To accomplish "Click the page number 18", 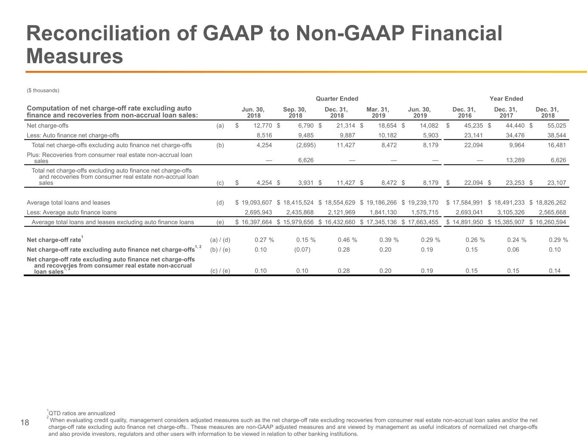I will [x=25, y=422].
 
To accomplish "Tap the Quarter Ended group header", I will [x=337, y=99].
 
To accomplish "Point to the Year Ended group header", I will [x=506, y=99].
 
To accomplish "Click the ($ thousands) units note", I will [x=43, y=90].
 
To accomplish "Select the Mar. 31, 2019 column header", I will [x=378, y=113].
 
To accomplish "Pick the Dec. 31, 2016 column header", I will [x=464, y=113].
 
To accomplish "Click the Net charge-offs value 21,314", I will [x=346, y=125].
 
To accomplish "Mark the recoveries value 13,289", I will [x=515, y=160].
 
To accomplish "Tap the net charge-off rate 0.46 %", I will [x=347, y=240].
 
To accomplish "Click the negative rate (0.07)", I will [x=302, y=250].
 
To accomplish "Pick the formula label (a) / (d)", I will [x=220, y=240].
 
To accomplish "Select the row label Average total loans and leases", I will [x=68, y=202].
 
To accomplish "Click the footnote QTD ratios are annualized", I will [x=82, y=413].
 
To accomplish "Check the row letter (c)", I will [x=220, y=183].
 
